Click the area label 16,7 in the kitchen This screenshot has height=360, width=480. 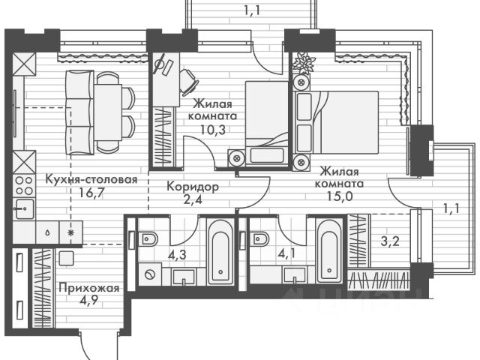point(91,193)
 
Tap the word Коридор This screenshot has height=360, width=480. point(193,187)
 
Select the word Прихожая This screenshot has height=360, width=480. point(89,288)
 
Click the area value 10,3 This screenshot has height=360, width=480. point(213,130)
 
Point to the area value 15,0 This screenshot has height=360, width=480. point(340,196)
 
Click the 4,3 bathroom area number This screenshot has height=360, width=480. point(177,255)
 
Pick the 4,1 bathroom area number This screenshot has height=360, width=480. point(286,253)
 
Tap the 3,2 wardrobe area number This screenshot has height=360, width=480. point(390,241)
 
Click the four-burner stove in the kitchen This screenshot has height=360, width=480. point(24,185)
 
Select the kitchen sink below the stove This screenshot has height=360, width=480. point(25,208)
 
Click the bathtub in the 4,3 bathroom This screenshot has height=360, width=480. point(220,252)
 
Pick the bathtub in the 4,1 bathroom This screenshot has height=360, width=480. point(329,250)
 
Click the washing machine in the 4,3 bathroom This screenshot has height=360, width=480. point(150,274)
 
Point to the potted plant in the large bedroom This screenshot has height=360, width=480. point(304,63)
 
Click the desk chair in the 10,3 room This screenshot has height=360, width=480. point(188,82)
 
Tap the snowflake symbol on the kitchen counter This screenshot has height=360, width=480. point(70,232)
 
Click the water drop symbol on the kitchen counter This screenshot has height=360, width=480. point(48,232)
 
